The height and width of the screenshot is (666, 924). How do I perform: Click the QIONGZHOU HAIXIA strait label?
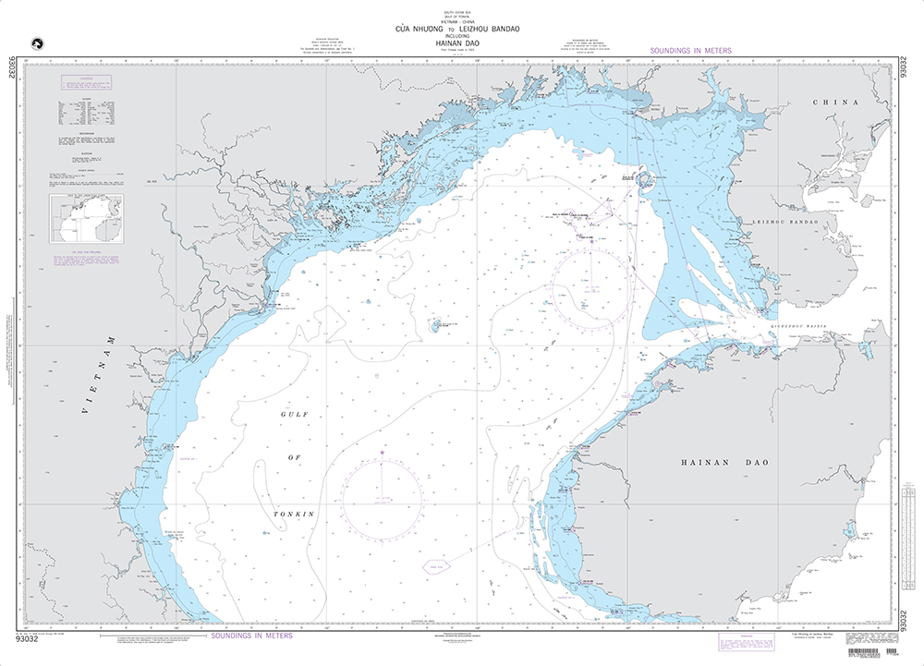[x=801, y=325]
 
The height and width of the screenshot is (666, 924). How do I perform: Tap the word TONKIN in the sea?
[x=295, y=513]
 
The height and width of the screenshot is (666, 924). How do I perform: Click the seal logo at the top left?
[x=39, y=43]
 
